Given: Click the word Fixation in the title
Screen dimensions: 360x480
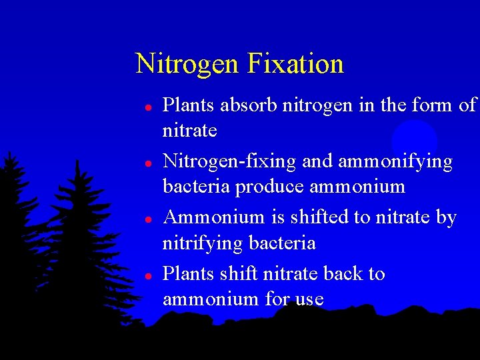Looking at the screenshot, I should pos(295,64).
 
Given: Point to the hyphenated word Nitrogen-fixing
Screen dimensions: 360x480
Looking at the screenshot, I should pos(231,162).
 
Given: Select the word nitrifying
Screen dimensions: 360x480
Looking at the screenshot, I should pos(203,243).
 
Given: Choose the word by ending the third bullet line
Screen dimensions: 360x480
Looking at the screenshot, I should pos(446,218).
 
